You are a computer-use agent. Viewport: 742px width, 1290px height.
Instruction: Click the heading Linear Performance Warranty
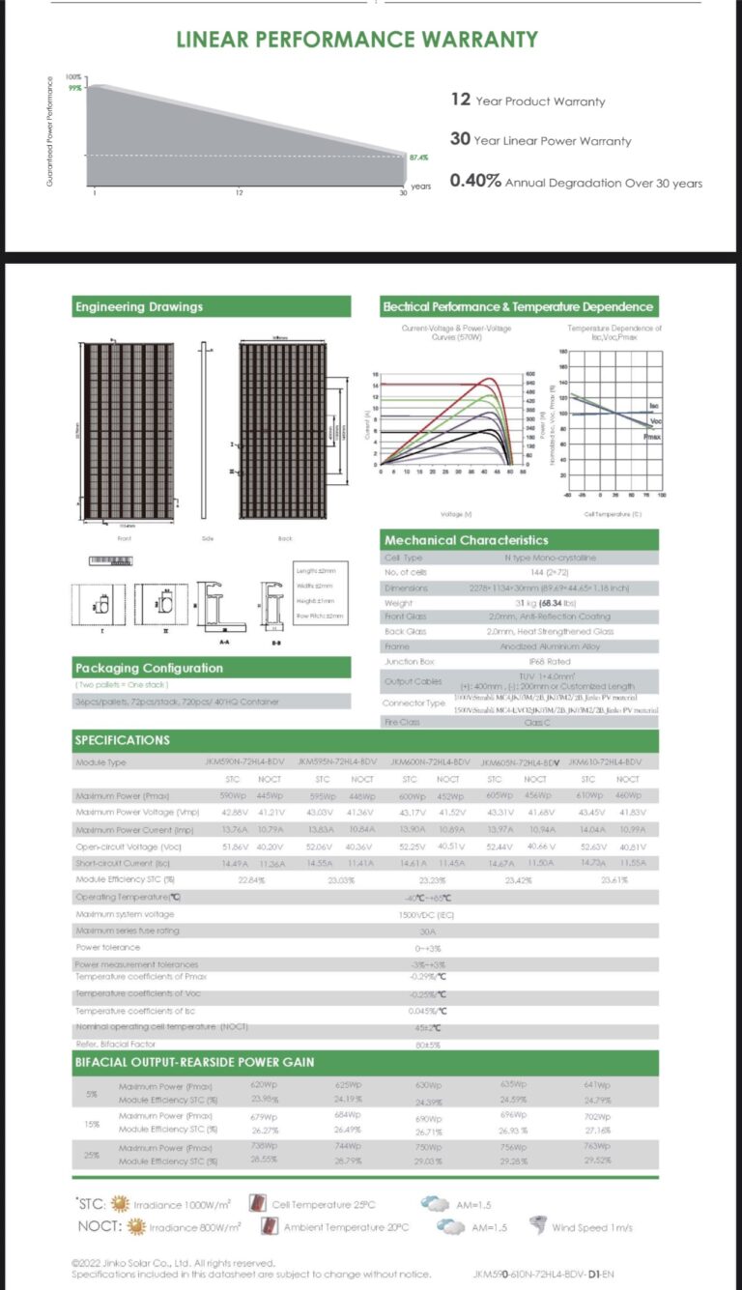(x=357, y=40)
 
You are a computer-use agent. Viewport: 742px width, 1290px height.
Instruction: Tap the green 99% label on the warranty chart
(x=74, y=87)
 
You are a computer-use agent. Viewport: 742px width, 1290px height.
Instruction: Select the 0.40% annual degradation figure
(x=474, y=182)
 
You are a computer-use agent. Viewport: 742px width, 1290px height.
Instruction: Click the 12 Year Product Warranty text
(x=528, y=100)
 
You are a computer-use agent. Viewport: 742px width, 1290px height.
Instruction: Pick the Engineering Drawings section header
(x=139, y=306)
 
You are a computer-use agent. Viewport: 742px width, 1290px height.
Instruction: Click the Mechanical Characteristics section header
(x=466, y=540)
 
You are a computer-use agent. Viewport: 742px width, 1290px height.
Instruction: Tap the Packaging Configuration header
(x=149, y=668)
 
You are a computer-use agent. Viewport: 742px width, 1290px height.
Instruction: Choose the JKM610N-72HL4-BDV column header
(x=606, y=762)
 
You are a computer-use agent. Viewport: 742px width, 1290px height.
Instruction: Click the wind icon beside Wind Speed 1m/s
(x=536, y=1226)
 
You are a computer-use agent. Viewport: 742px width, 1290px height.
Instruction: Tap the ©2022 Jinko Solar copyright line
(x=174, y=1262)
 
